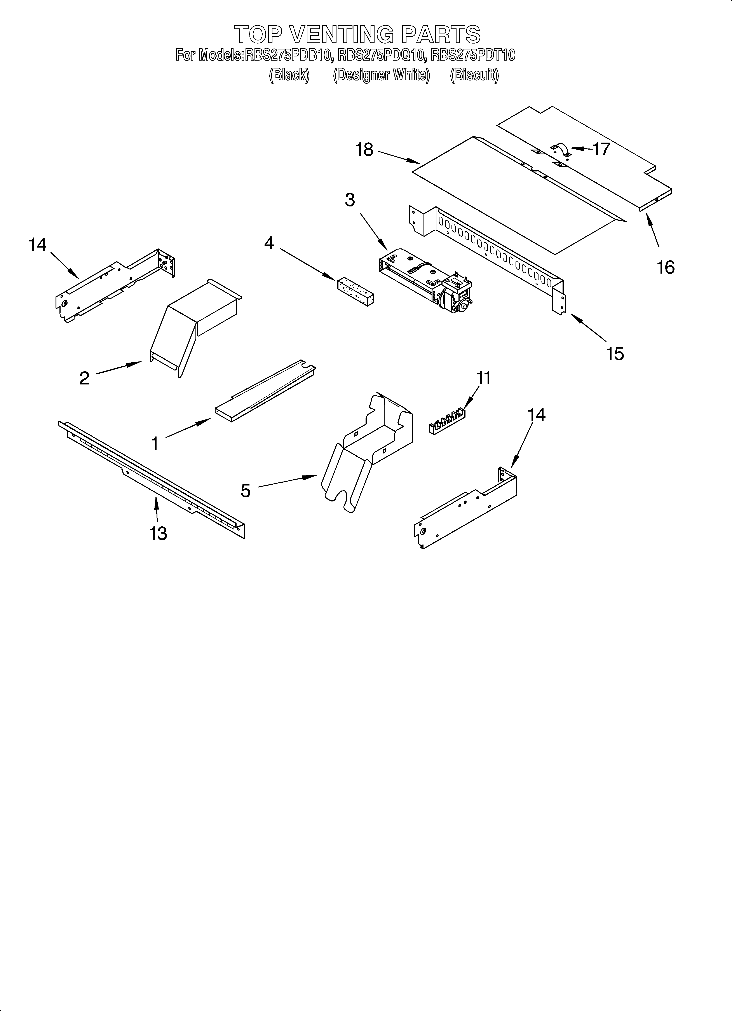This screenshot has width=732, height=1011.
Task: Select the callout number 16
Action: click(666, 267)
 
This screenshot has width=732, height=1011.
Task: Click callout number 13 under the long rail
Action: click(158, 533)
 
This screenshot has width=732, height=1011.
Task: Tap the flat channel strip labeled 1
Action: click(263, 392)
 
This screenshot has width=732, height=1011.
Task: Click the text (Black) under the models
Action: click(289, 75)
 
